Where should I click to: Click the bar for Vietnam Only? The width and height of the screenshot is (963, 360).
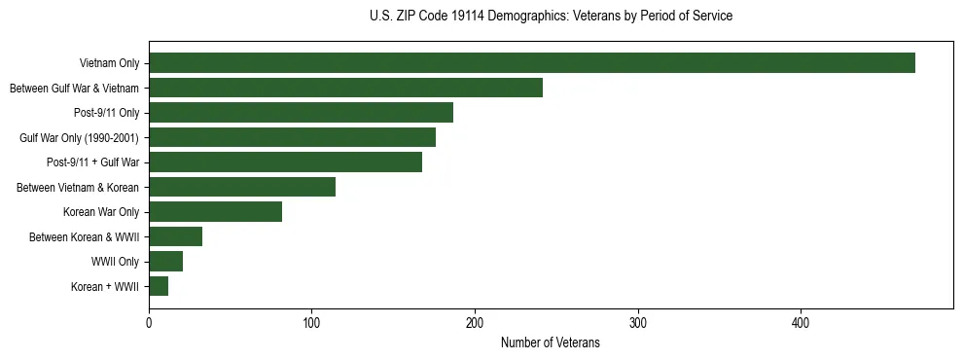point(532,63)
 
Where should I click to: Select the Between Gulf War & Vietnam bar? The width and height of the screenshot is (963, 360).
point(345,88)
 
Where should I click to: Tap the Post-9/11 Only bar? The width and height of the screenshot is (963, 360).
point(301,113)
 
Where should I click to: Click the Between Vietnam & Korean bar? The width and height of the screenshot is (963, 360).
point(242,187)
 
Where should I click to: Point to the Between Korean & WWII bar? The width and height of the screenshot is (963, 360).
point(175,236)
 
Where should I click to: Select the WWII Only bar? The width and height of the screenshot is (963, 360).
point(165,262)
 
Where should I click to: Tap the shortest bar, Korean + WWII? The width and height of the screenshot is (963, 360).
point(159,286)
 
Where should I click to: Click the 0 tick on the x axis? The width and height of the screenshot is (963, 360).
point(149,323)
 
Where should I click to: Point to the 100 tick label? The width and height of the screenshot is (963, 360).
point(311,323)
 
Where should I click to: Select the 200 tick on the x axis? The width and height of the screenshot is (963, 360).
point(475,323)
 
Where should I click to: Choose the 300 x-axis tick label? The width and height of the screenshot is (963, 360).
point(638,323)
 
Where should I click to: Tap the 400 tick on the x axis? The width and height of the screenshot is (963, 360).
point(801,323)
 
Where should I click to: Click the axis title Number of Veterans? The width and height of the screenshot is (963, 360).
point(550,343)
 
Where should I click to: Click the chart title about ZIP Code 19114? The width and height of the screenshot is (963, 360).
point(551,17)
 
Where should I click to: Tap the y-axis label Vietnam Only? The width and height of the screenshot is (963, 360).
point(109,63)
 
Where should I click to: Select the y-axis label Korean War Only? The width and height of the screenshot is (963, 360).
point(101,212)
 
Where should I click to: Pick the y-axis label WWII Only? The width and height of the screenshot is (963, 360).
point(115,262)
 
